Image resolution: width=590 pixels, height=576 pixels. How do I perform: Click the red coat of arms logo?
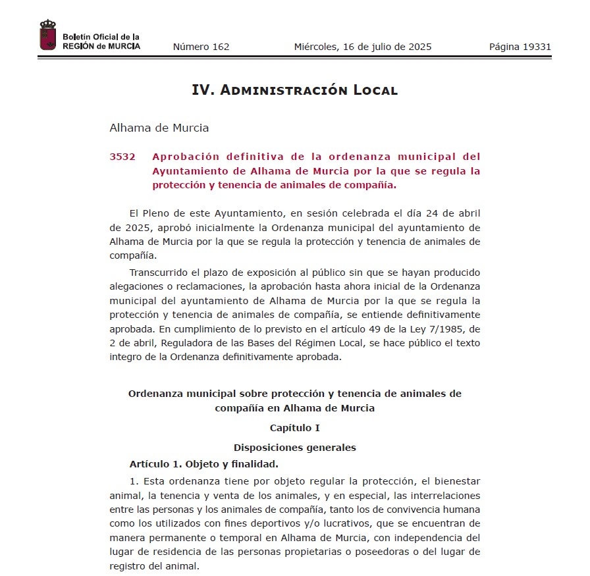pos(47,35)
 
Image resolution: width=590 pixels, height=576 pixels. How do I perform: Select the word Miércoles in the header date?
pos(315,47)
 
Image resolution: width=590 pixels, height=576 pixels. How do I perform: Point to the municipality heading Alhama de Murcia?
pos(159,128)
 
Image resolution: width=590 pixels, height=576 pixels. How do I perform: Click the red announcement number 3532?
pos(122,157)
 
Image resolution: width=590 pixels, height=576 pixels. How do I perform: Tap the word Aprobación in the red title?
pos(186,157)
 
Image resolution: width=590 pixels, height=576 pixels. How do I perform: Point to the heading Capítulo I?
pos(294,428)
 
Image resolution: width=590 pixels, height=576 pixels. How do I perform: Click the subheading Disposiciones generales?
pos(294,448)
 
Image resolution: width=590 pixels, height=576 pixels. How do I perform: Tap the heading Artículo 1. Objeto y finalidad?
pos(203,464)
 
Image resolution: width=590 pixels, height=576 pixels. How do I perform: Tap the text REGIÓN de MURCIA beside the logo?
pos(101,46)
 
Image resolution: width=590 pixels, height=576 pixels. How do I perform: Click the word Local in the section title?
pos(374,90)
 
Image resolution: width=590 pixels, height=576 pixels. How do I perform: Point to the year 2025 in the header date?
pos(419,47)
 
